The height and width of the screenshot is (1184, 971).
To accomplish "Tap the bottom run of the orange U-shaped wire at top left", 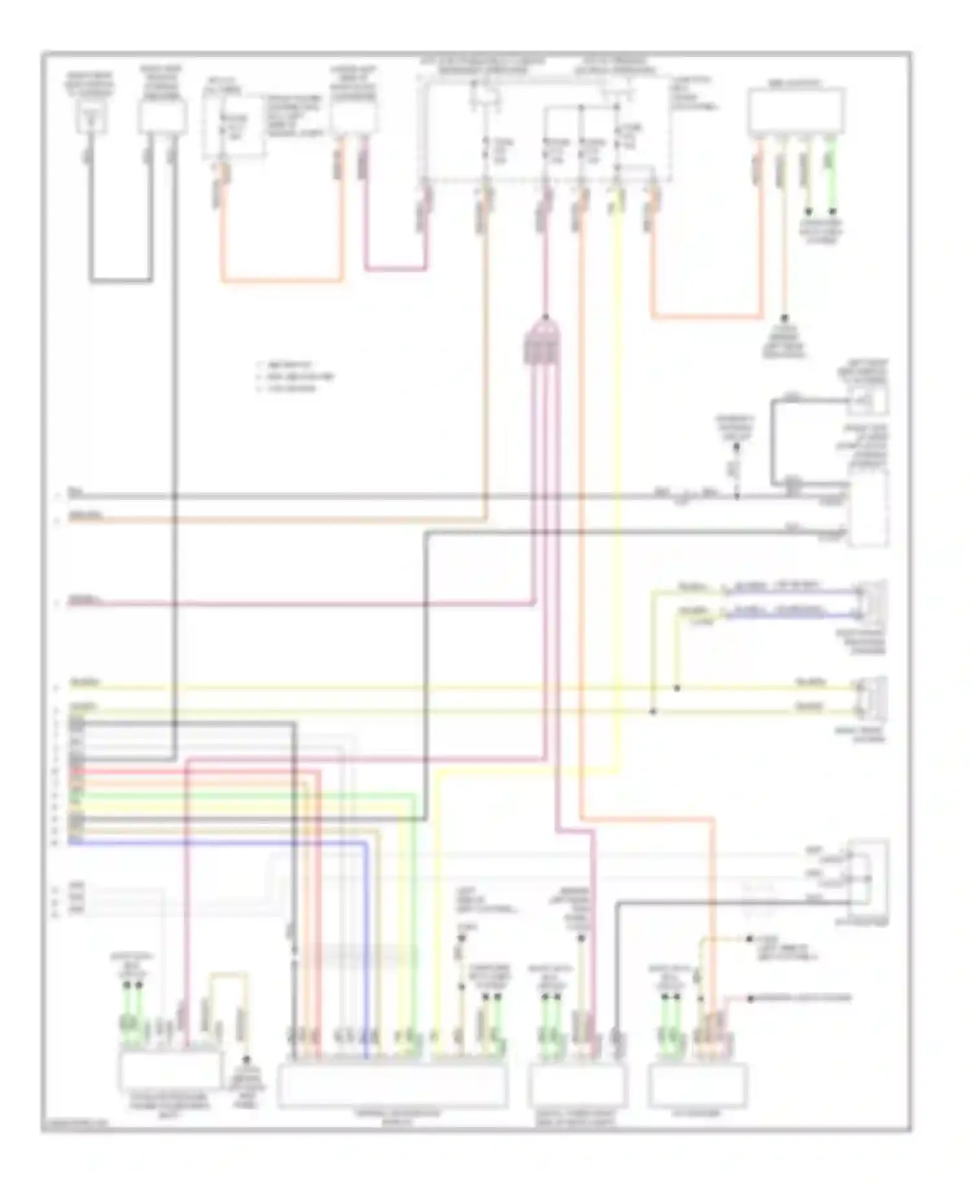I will click(282, 281).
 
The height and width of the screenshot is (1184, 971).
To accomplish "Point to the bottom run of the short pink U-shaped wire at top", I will click(395, 268).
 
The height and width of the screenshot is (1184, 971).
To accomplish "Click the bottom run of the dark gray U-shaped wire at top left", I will click(121, 281).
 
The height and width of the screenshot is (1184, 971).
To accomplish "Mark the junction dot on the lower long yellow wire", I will click(653, 712).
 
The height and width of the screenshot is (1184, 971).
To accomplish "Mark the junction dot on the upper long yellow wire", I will click(676, 688).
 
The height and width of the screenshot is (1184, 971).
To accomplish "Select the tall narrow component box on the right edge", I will click(869, 508).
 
